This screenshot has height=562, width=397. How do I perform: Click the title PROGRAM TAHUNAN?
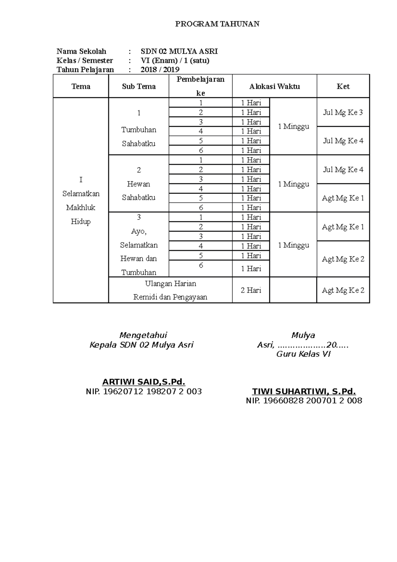(217, 24)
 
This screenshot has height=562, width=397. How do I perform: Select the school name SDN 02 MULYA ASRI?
(179, 51)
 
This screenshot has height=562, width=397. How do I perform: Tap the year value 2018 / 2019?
(160, 70)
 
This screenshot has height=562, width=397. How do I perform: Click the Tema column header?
(81, 86)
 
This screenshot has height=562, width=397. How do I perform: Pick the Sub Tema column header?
(139, 86)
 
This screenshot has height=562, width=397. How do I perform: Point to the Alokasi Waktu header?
(274, 86)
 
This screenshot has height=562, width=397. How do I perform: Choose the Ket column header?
(343, 86)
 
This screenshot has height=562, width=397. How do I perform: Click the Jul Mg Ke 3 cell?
(343, 112)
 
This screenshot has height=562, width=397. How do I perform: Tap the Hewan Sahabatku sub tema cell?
(139, 184)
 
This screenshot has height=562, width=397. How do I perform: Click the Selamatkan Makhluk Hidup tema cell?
(81, 201)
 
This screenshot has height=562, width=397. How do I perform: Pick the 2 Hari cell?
(251, 290)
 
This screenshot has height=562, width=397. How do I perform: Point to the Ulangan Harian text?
(170, 284)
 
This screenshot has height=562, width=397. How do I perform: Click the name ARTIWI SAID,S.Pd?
(144, 382)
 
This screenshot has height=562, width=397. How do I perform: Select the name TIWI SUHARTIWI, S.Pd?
(304, 392)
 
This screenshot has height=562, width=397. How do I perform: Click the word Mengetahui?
(143, 335)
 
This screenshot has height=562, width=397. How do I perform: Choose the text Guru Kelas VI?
(303, 354)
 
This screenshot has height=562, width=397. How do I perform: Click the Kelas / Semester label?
(85, 61)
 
